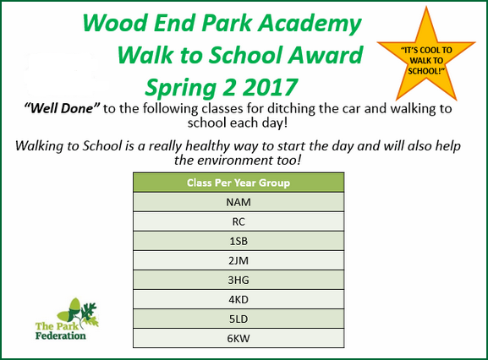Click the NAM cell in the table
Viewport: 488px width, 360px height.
pos(239,202)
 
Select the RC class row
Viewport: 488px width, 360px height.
pos(239,221)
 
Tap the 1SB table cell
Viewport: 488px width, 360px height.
pos(239,241)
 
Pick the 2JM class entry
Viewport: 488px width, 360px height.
pos(239,260)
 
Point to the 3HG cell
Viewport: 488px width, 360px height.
pos(239,280)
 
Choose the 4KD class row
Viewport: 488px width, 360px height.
pos(239,299)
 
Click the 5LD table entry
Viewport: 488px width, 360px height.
pos(239,319)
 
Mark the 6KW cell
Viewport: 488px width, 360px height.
pos(239,338)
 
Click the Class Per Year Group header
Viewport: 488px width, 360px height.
pos(239,183)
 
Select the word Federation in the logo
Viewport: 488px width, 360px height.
pos(61,335)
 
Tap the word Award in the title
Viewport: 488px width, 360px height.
pos(326,55)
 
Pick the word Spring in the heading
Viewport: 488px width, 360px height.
pos(181,89)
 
